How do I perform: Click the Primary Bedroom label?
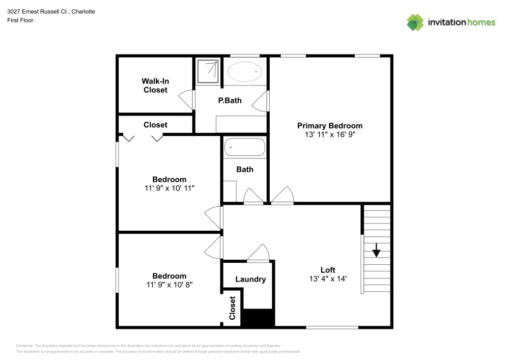[x=330, y=126]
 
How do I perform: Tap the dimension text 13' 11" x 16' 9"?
[x=330, y=135]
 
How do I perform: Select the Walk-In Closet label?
[x=155, y=86]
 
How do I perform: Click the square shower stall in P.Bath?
[x=208, y=71]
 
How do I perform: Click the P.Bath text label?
[x=230, y=100]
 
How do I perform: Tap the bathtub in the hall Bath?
[x=245, y=148]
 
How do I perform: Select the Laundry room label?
[x=250, y=279]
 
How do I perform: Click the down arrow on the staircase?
[x=376, y=250]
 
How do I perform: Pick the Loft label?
[x=328, y=270]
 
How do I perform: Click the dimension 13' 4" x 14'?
[x=328, y=279]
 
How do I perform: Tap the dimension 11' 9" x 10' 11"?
[x=169, y=188]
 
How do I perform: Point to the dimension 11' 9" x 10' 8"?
[x=169, y=285]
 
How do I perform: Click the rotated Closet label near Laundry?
[x=233, y=308]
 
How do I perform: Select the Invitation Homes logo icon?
[x=415, y=22]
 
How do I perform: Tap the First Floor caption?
[x=20, y=20]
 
